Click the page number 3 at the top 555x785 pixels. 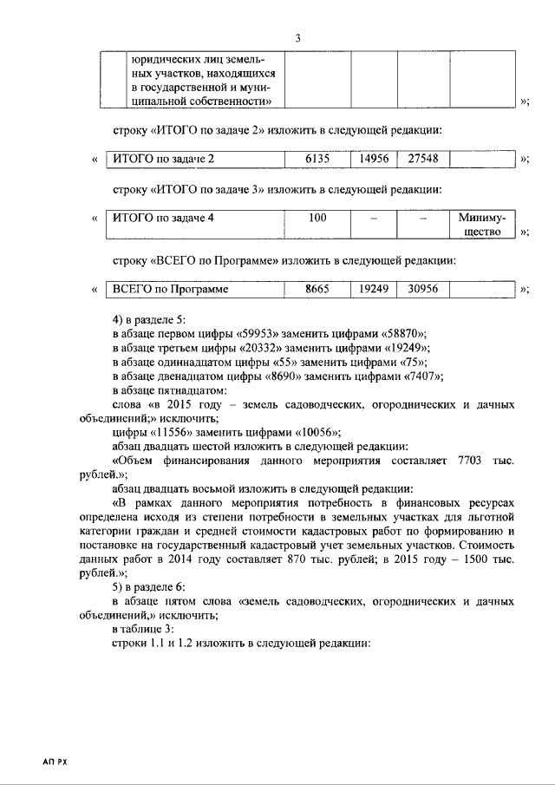pos(297,38)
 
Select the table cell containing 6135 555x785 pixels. pos(317,159)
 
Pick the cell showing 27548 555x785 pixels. pos(423,159)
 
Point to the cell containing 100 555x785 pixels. pos(317,218)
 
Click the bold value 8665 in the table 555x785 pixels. pos(317,290)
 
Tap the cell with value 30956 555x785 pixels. pos(423,290)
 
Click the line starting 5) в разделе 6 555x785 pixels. pos(160,586)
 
